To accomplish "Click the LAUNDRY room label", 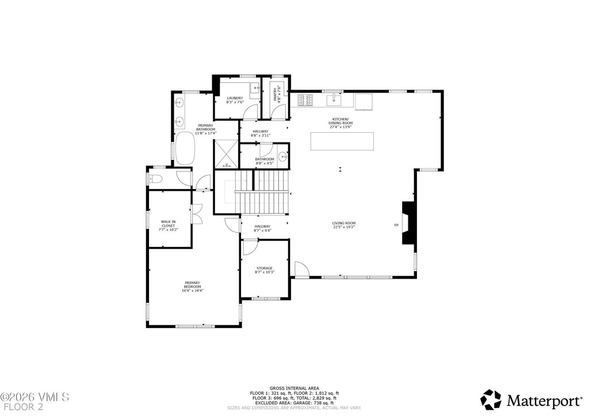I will pos(235,98).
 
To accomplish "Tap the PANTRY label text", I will pos(276,93).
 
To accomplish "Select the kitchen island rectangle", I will pos(342,141).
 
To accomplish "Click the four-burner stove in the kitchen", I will pos(305,100).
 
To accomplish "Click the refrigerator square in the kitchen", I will pos(364,102).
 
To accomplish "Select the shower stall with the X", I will pos(227,153).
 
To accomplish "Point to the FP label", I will pos(396,225).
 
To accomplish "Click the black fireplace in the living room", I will pos(408,223).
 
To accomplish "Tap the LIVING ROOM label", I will pos(343,223).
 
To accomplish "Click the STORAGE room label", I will pos(265,268).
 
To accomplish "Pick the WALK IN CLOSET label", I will pos(168,224).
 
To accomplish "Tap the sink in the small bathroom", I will pos(282,156).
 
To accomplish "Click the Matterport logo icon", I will pos(491,399).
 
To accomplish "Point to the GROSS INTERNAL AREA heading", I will pos(294,388).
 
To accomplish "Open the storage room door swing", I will pos(250,247).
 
